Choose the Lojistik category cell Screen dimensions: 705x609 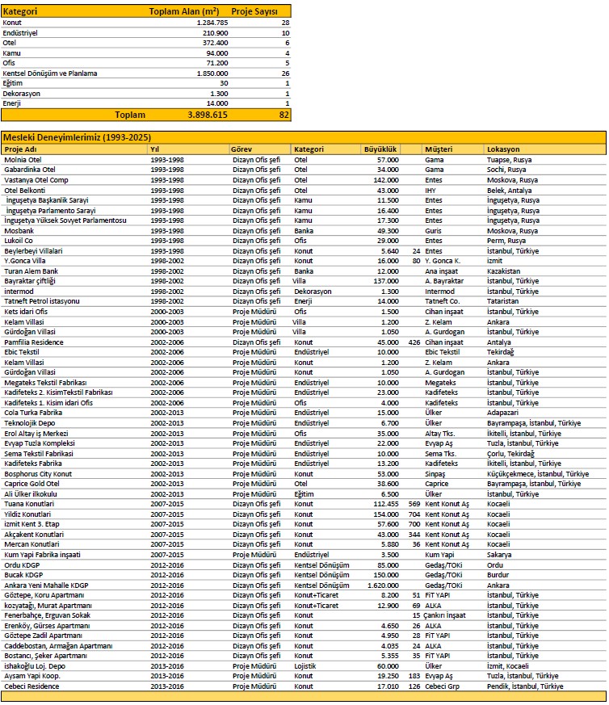point(308,665)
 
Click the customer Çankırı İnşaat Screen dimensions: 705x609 point(450,615)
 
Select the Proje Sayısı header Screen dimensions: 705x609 point(254,12)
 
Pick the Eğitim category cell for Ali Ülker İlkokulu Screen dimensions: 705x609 point(306,493)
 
